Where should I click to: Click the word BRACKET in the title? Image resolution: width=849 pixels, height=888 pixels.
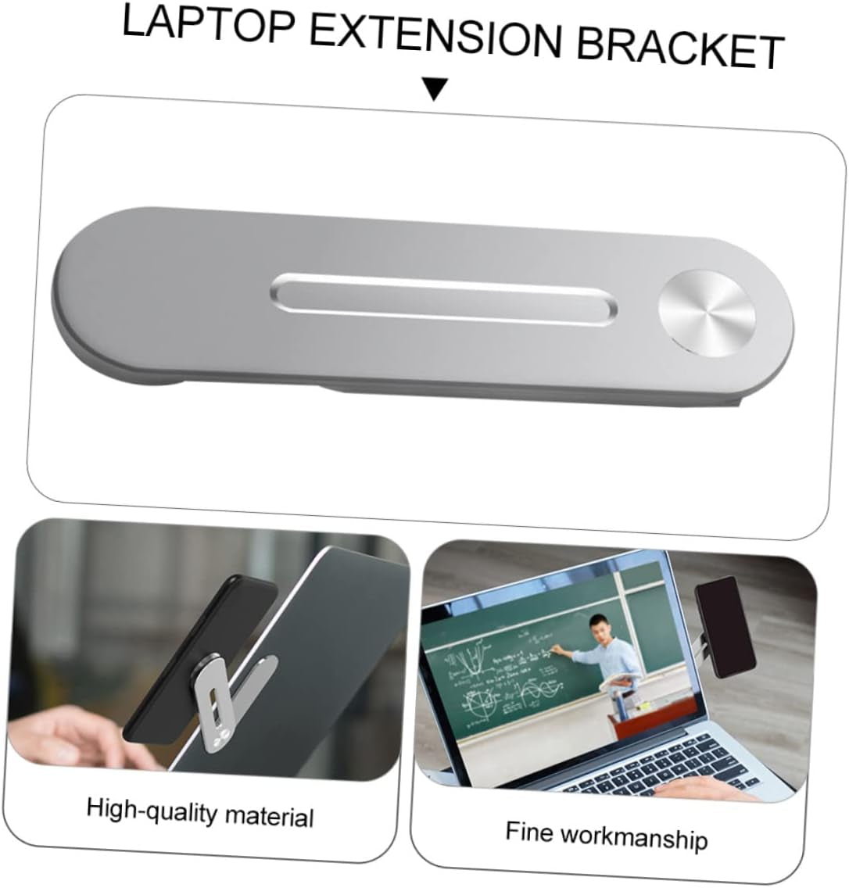[680, 48]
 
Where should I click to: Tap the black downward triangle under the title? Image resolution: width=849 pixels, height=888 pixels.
[435, 88]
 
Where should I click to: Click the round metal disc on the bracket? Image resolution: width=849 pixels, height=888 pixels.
[707, 313]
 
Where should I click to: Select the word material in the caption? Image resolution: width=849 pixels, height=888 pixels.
[269, 816]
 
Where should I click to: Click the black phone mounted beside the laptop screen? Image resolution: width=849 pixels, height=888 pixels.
[725, 626]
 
